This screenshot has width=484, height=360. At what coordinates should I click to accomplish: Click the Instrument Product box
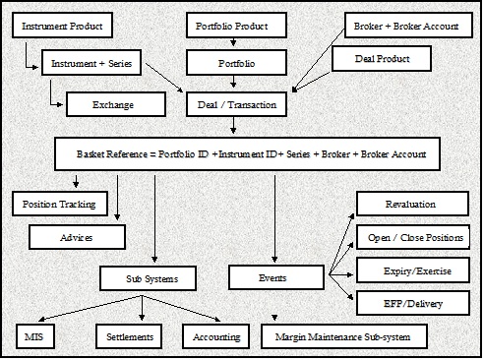tap(62, 26)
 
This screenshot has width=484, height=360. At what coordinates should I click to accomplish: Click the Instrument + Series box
tap(91, 65)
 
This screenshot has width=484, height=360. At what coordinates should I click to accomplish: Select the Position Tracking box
tap(61, 204)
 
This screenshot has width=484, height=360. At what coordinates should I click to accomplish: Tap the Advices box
tap(78, 237)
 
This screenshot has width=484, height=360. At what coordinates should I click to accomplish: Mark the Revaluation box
tap(411, 204)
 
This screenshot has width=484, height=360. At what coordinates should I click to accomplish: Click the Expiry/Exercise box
tap(411, 270)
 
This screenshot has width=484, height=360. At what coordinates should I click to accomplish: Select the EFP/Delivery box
tap(411, 303)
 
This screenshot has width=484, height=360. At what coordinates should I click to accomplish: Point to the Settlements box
tap(131, 337)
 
